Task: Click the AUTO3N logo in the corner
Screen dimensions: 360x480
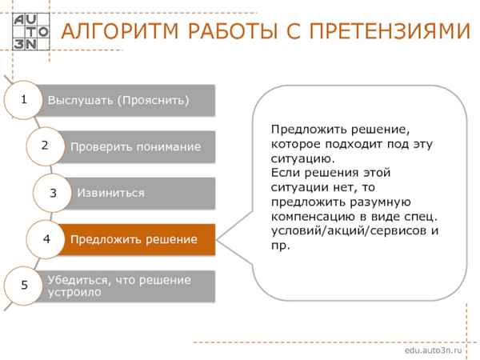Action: click(x=30, y=30)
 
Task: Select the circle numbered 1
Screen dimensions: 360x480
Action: click(x=24, y=99)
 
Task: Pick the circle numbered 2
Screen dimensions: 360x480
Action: click(x=45, y=145)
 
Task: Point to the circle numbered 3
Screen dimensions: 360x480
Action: click(x=53, y=192)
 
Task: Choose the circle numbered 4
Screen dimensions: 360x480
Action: click(x=46, y=238)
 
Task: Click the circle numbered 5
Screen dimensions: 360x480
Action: click(x=24, y=285)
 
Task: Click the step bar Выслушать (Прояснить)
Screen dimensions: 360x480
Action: click(x=128, y=100)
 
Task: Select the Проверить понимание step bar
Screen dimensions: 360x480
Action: click(x=140, y=146)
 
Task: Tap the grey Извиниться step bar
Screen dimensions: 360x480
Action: click(x=144, y=193)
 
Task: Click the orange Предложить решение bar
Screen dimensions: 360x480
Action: click(x=140, y=239)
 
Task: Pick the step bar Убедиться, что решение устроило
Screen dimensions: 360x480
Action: click(x=128, y=286)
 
